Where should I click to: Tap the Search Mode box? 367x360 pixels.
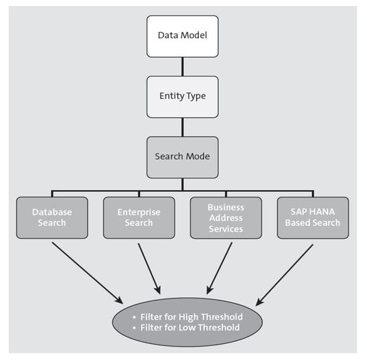click(x=182, y=156)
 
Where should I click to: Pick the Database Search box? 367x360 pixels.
click(x=52, y=217)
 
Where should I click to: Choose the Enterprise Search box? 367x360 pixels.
click(x=139, y=217)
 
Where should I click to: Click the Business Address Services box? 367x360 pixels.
click(x=226, y=217)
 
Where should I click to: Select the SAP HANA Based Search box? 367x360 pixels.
click(x=313, y=217)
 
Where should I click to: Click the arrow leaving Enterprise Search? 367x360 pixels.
click(x=149, y=268)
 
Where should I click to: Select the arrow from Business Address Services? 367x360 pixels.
click(x=220, y=268)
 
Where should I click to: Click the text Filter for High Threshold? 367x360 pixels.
click(x=192, y=317)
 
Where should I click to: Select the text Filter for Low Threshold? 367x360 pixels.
click(x=191, y=328)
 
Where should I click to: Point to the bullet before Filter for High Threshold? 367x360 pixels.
click(x=134, y=317)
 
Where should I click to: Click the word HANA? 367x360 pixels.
click(x=321, y=212)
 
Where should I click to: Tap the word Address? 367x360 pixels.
click(x=226, y=217)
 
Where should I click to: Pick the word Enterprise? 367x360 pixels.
click(x=139, y=212)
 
